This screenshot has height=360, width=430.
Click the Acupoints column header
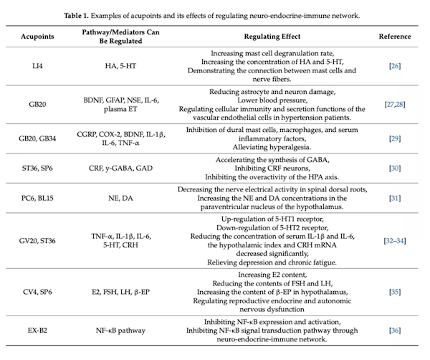(x=37, y=37)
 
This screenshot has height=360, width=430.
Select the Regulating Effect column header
(x=272, y=37)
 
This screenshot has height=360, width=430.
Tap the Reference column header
(x=395, y=37)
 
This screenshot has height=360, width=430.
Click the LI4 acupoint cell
(x=37, y=66)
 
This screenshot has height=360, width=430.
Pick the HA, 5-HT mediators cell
(x=120, y=66)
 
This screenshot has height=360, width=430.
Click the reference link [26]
(x=395, y=66)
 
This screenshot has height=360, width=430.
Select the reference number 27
(x=391, y=105)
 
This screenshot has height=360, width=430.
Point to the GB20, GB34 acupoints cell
(x=37, y=138)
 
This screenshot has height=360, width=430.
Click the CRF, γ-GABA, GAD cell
(x=120, y=169)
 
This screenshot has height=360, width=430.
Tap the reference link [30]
(x=395, y=169)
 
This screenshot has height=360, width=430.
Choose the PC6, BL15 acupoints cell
(x=37, y=198)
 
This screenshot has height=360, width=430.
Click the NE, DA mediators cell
(x=120, y=198)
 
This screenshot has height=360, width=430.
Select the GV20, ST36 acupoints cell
(x=37, y=241)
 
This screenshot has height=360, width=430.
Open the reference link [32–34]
(x=395, y=241)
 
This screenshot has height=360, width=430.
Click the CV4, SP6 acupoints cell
(x=37, y=292)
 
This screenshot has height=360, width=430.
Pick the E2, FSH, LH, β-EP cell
(x=120, y=292)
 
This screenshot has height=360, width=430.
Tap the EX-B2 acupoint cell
(x=37, y=331)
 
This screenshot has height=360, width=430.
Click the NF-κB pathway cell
(x=120, y=331)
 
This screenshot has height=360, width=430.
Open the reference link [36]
(x=395, y=331)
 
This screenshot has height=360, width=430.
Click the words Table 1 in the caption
(x=76, y=16)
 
